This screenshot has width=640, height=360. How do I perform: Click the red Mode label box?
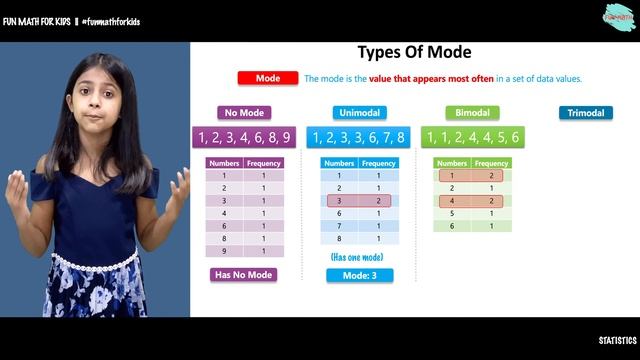pyautogui.click(x=267, y=78)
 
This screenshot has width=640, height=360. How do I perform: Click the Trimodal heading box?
pyautogui.click(x=585, y=113)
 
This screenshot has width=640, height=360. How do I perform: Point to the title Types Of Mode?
pyautogui.click(x=414, y=52)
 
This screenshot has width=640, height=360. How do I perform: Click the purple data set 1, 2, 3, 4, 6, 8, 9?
pyautogui.click(x=245, y=138)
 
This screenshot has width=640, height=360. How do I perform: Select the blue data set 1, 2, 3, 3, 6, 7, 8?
pyautogui.click(x=359, y=138)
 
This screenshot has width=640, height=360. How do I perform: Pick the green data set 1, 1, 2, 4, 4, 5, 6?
pyautogui.click(x=473, y=138)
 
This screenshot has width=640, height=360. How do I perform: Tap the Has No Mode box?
pyautogui.click(x=243, y=275)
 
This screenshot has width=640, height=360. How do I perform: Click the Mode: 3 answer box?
pyautogui.click(x=359, y=275)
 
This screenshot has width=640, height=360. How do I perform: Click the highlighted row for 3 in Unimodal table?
pyautogui.click(x=359, y=201)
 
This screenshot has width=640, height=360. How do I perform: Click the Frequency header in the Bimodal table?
pyautogui.click(x=491, y=163)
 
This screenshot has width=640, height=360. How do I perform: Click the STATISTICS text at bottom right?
pyautogui.click(x=617, y=341)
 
